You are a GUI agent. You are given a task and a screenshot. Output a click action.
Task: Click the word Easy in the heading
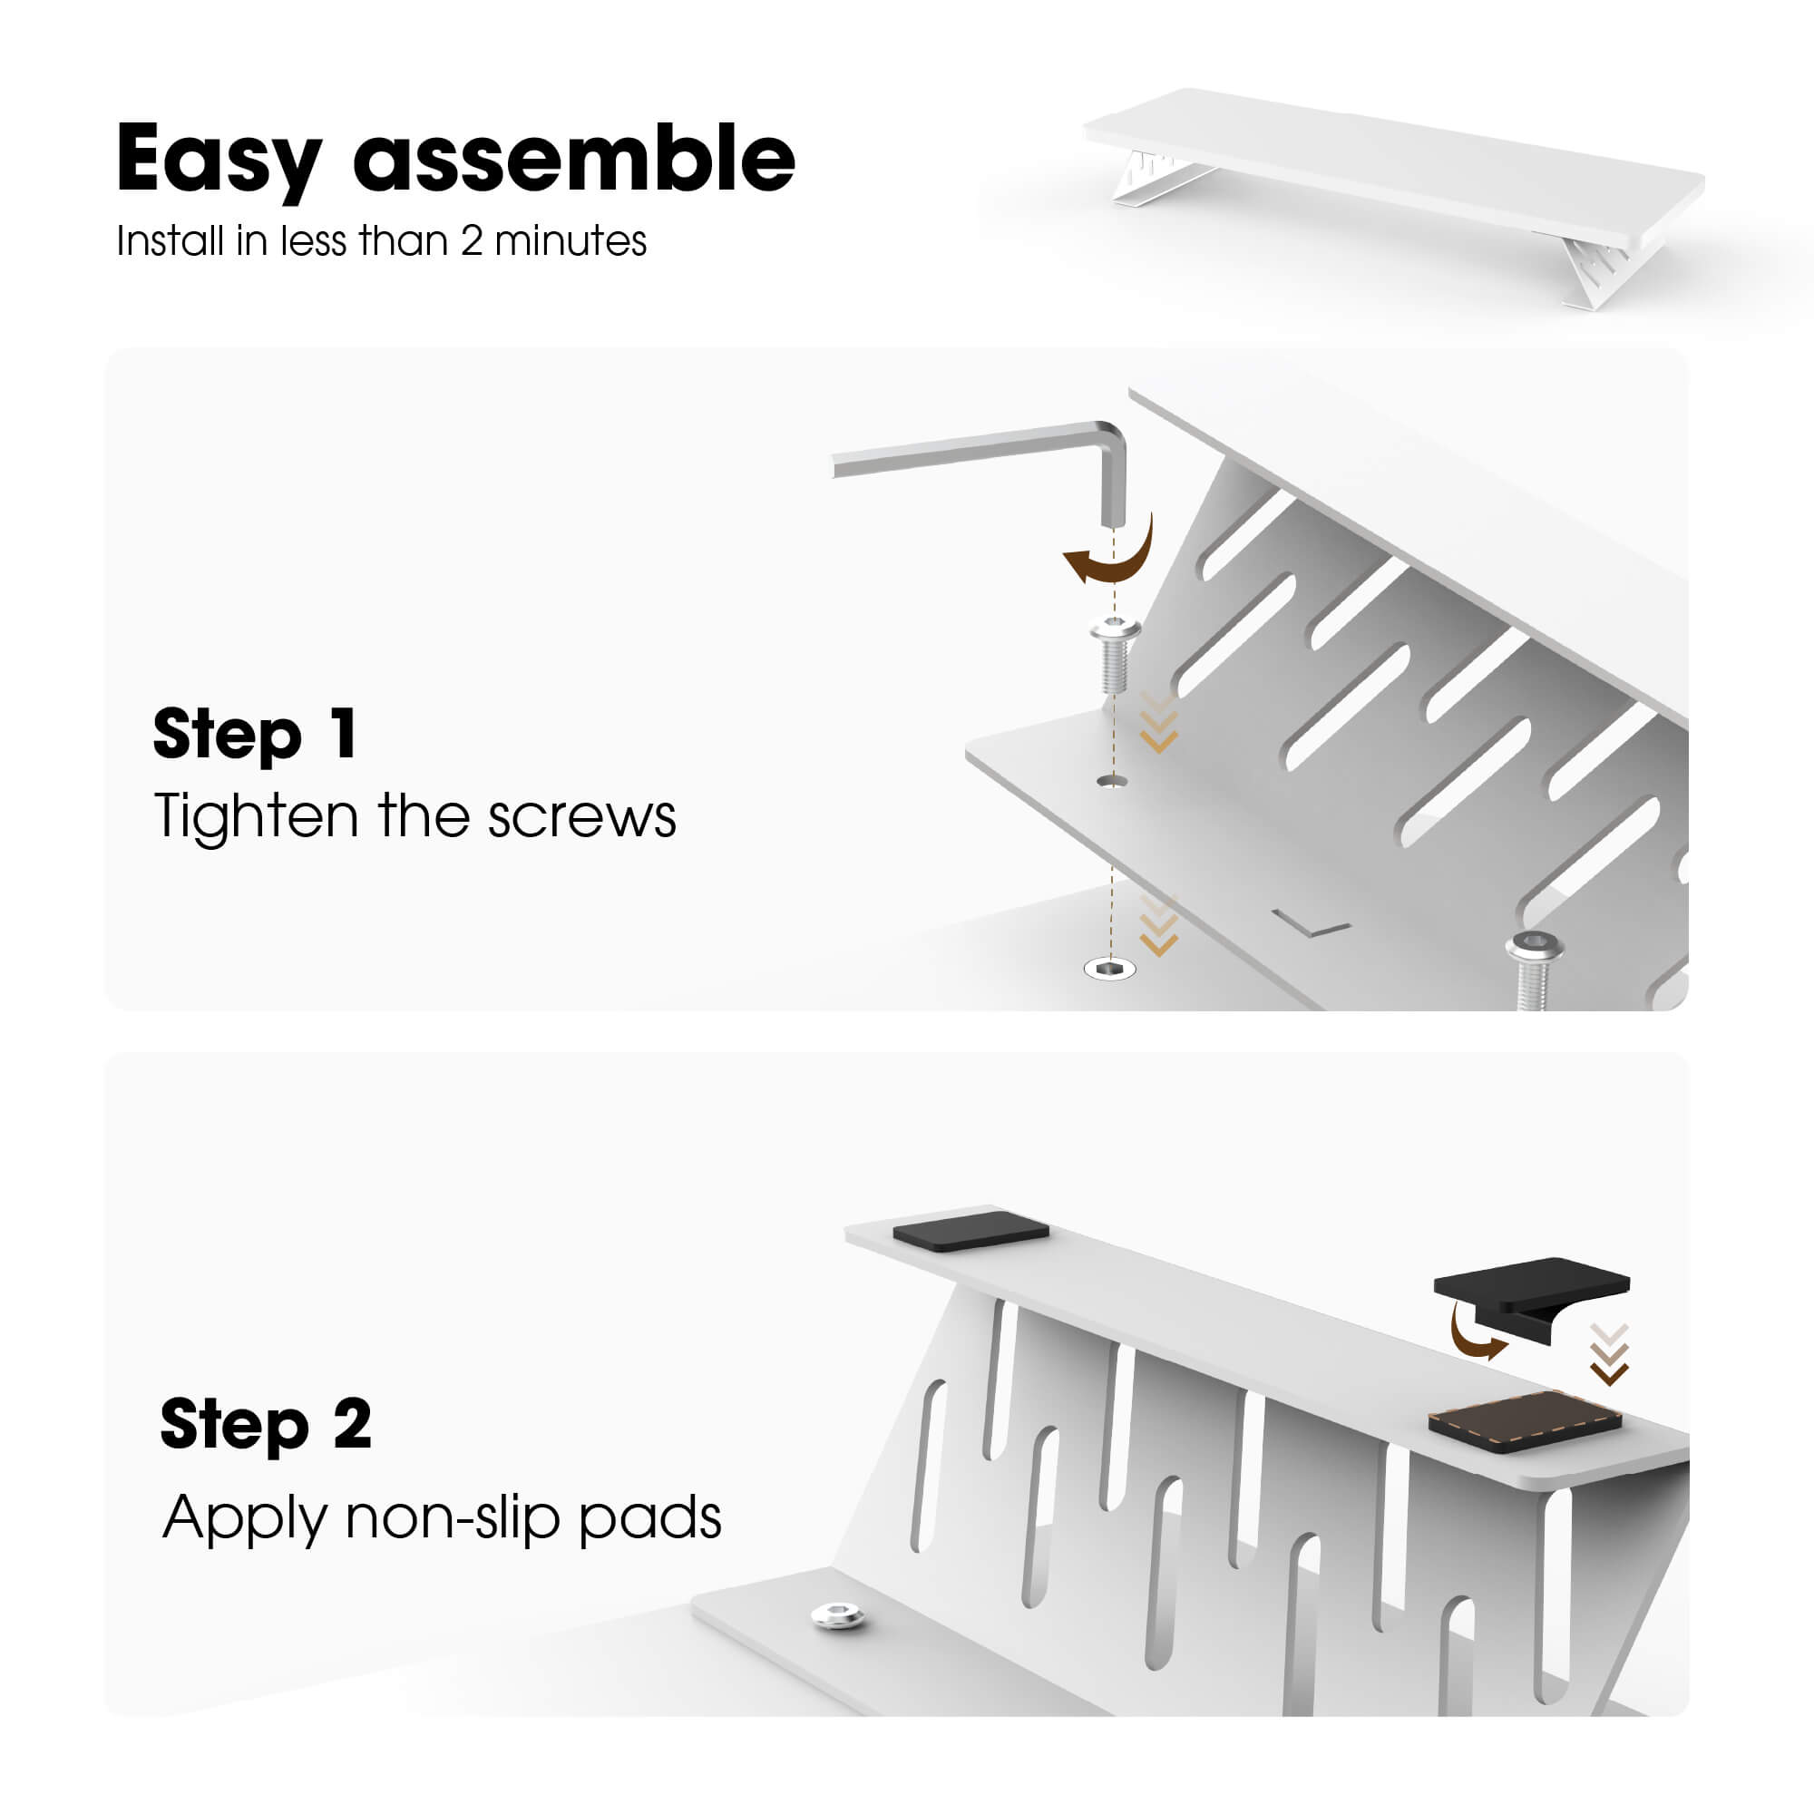[x=219, y=161]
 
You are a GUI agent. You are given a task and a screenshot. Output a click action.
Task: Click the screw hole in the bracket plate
[x=1112, y=781]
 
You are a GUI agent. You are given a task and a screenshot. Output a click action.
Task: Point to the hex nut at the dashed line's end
[x=1110, y=968]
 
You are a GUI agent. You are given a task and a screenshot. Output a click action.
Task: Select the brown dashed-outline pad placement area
[x=1525, y=1422]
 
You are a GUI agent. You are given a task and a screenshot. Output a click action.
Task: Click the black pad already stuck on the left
[x=970, y=1230]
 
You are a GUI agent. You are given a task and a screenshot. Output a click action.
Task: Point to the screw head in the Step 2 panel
[x=837, y=1616]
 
